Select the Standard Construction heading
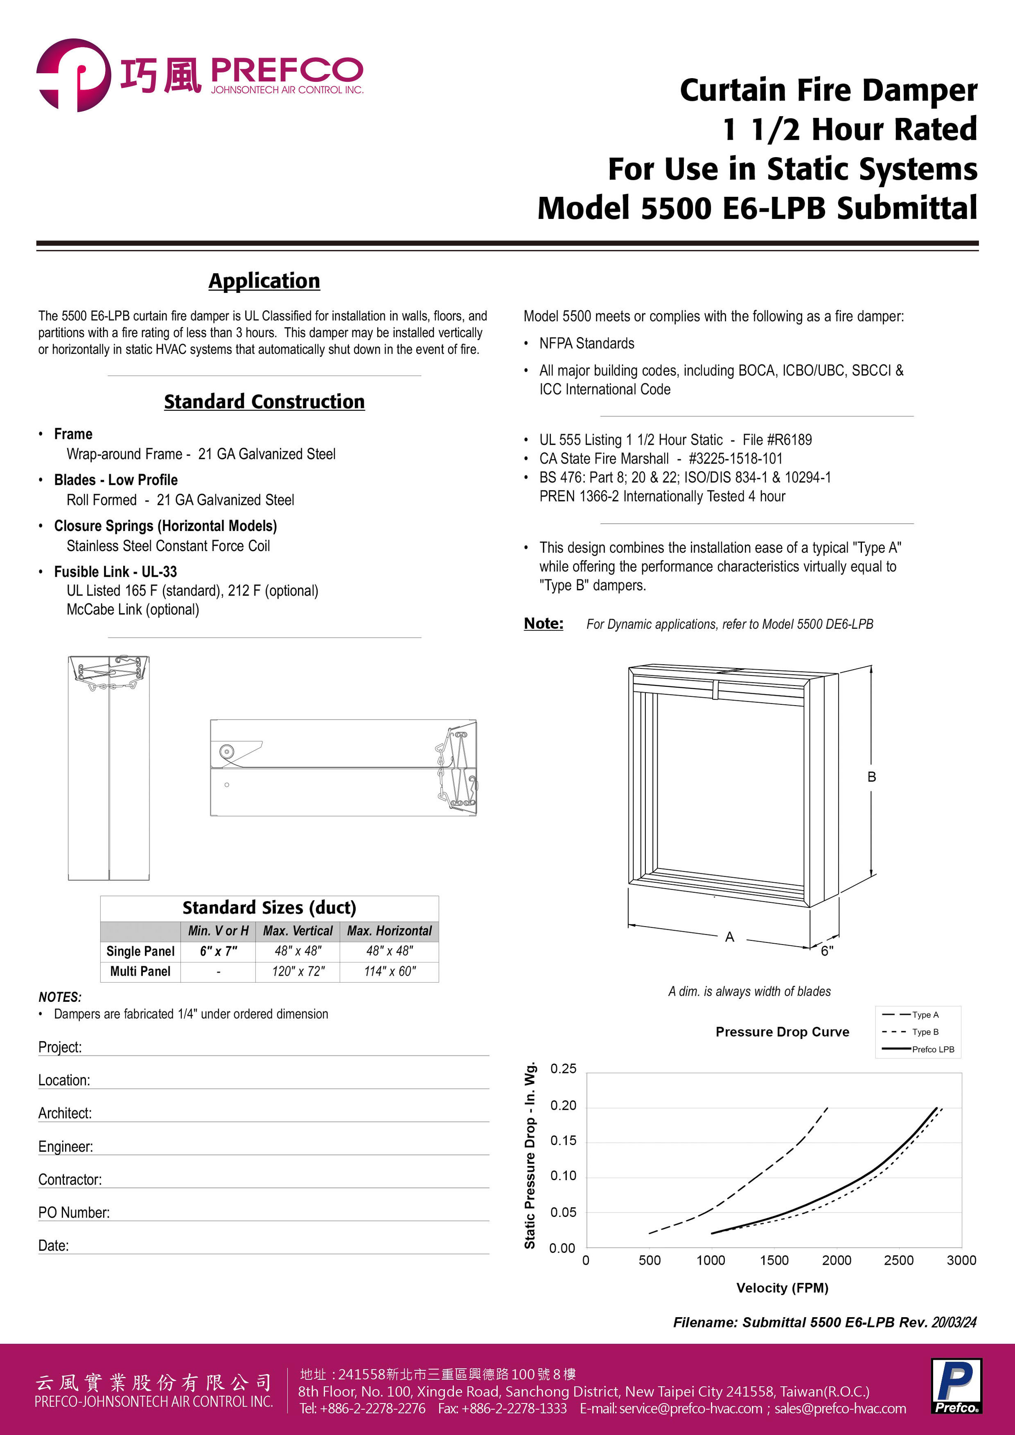264,401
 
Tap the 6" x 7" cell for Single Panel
218,951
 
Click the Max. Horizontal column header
389,931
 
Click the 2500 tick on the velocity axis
899,1260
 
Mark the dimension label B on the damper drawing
871,777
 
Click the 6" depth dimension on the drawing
827,951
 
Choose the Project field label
60,1047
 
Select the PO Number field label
74,1212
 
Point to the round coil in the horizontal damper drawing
226,751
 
